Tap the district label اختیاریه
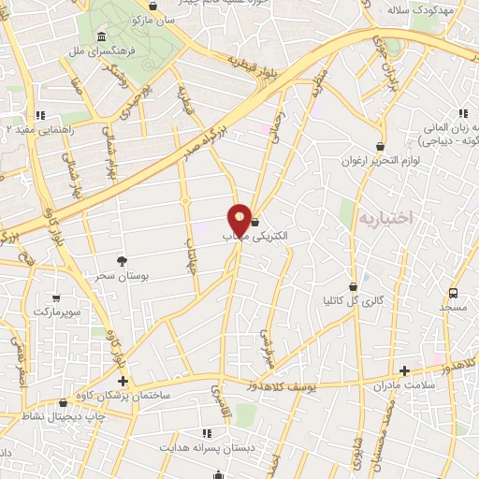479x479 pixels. (x=385, y=218)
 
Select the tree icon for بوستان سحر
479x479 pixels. (x=122, y=261)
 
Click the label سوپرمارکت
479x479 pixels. (x=57, y=310)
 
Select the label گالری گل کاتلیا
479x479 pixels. (x=353, y=301)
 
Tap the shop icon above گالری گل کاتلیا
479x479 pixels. (x=354, y=286)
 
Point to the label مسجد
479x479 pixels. (x=458, y=307)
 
